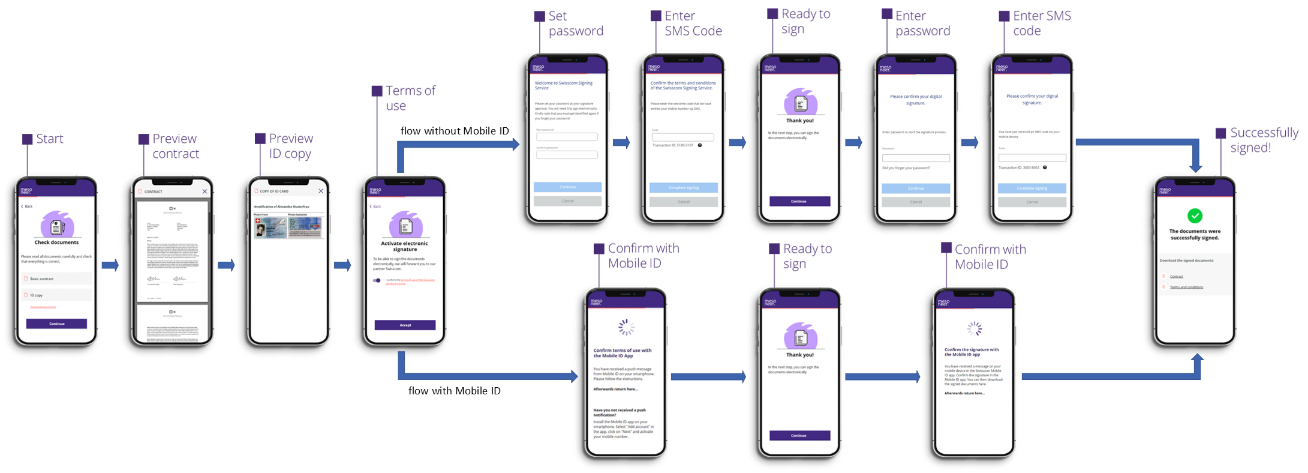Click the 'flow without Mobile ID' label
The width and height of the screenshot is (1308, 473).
tap(455, 131)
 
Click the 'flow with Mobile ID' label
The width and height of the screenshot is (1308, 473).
tap(454, 391)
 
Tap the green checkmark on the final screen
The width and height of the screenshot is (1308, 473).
tap(1195, 215)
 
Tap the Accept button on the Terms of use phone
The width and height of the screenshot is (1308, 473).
tap(405, 325)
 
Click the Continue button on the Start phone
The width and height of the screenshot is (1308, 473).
tap(56, 324)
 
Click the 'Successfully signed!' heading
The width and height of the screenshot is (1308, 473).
tap(1264, 140)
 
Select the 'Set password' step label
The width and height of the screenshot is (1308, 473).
tap(575, 23)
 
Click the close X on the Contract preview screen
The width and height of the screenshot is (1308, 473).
tap(205, 191)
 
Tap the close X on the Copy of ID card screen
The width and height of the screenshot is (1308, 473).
tap(321, 191)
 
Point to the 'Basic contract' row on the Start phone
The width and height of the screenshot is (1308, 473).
tap(56, 279)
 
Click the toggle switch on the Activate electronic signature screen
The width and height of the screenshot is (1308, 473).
tap(377, 280)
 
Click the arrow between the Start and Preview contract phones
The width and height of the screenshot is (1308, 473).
tap(110, 265)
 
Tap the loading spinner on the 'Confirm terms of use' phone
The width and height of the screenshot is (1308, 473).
tap(626, 327)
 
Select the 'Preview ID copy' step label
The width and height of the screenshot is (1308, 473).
tap(291, 146)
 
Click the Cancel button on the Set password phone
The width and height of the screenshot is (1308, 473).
tap(567, 201)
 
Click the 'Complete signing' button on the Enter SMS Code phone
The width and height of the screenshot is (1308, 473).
tap(683, 188)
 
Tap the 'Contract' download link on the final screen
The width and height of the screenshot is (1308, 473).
tap(1177, 277)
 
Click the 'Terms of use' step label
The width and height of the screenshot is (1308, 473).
tap(410, 98)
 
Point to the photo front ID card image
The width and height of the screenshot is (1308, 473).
tap(270, 227)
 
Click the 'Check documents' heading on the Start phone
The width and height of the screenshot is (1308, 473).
tap(56, 243)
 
